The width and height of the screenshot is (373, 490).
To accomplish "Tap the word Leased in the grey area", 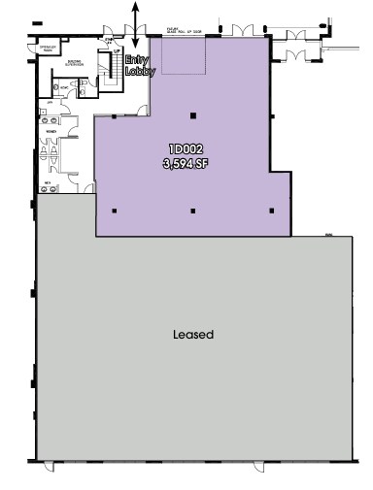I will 192,335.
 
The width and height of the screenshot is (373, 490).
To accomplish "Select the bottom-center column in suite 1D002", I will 192,211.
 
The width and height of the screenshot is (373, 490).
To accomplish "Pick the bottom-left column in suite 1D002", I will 116,211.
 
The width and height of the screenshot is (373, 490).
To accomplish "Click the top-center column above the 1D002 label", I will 192,116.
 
